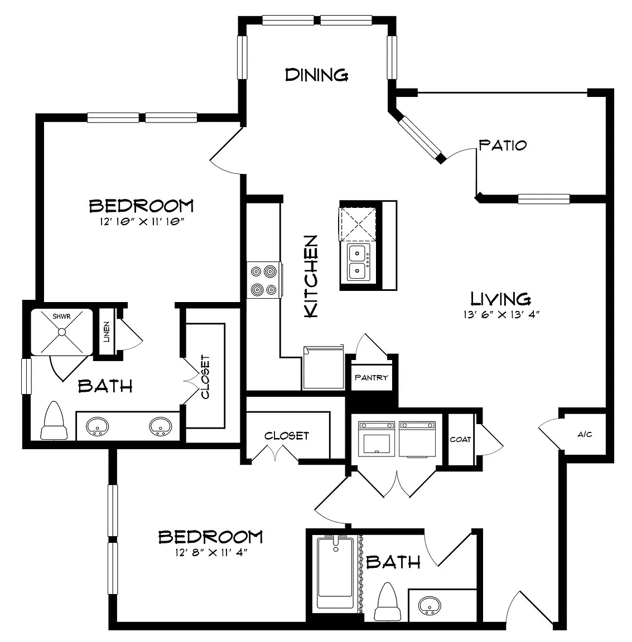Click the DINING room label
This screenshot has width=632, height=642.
tap(316, 75)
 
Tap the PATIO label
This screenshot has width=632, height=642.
tap(503, 145)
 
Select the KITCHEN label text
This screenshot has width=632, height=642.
tap(311, 276)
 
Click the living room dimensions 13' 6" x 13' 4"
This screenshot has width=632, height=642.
tap(501, 314)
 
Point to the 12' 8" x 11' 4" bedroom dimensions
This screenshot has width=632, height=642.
tap(211, 552)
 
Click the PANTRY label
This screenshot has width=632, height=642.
tap(371, 377)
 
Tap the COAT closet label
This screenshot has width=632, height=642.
tap(460, 439)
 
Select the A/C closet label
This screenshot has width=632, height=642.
tap(585, 435)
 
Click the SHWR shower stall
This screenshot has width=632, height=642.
tap(62, 332)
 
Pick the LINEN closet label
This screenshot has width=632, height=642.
tap(107, 332)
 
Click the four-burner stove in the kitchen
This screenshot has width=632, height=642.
tap(264, 280)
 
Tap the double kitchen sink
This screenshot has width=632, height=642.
tap(358, 262)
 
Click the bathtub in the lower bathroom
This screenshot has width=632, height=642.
tap(335, 573)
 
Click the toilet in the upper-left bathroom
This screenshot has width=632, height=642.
tap(54, 421)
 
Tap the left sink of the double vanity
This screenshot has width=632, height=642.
tap(97, 426)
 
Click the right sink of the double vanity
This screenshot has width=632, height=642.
tap(160, 426)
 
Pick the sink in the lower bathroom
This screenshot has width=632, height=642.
tap(430, 605)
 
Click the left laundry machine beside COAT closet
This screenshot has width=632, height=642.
tap(377, 439)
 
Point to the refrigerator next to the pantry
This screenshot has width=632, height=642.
tap(323, 367)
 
